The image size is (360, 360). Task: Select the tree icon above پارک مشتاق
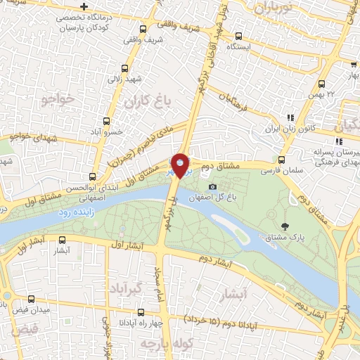(285, 226)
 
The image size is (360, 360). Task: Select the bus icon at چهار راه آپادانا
(142, 313)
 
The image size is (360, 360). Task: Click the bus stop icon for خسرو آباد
(107, 121)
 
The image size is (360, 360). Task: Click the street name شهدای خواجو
(26, 134)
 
